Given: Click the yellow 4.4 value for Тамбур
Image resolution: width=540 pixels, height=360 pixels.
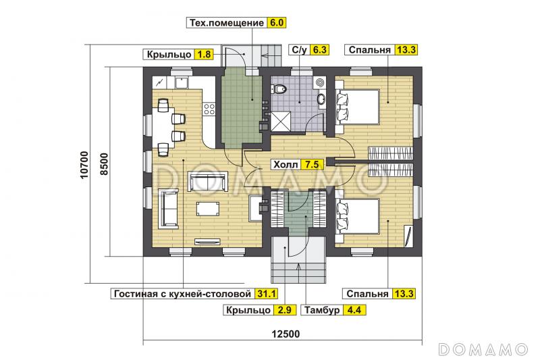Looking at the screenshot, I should [354, 311].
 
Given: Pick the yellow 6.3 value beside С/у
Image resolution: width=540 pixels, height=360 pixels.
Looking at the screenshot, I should [318, 50].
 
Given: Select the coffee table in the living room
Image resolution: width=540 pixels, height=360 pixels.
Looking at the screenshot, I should [207, 208].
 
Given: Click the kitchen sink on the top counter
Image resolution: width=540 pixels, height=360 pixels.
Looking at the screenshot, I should [182, 83].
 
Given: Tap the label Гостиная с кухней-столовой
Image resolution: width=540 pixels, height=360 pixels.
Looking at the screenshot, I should [182, 293].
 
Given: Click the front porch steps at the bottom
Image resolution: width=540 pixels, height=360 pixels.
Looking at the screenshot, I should [298, 267].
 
